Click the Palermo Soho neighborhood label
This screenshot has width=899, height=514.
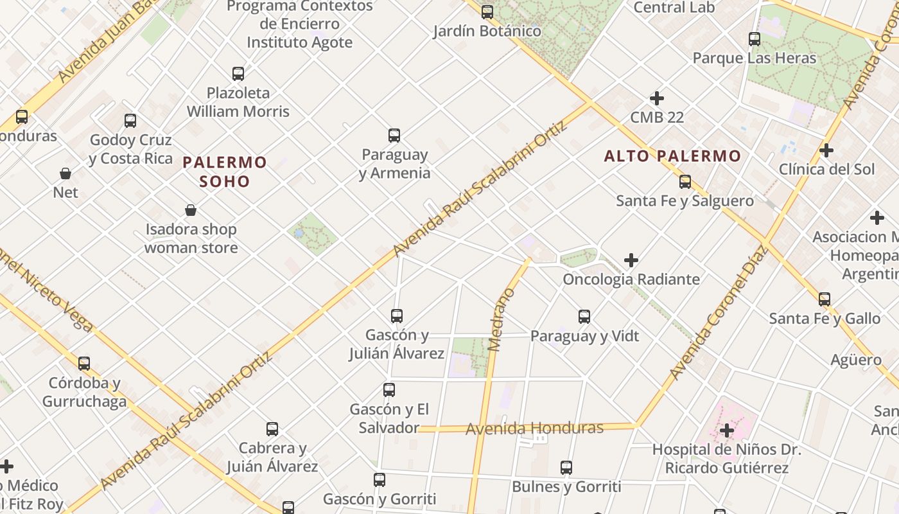[x=224, y=172]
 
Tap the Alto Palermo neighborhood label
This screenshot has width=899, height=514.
[x=672, y=155]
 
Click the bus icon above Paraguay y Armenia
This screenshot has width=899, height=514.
[x=394, y=136]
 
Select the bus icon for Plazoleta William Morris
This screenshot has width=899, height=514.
[x=238, y=74]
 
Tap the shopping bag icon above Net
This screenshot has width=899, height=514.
[x=65, y=173]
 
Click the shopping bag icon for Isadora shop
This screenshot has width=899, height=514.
[x=191, y=210]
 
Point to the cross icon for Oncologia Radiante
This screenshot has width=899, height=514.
[x=631, y=260]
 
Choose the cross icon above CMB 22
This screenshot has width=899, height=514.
[x=656, y=98]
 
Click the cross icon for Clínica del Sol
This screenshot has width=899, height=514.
[x=826, y=150]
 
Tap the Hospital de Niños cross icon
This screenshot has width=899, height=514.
[x=727, y=430]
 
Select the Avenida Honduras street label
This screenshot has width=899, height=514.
[x=534, y=428]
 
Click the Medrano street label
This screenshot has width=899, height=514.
[x=502, y=319]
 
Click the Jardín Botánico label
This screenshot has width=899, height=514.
[x=487, y=31]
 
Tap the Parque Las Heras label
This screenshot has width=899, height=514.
[x=754, y=58]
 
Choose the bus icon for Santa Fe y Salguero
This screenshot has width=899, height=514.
[x=685, y=182]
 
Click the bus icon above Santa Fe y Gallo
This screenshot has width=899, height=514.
[x=824, y=299]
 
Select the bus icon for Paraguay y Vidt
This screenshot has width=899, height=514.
[x=584, y=317]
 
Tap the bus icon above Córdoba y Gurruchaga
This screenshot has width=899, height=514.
[x=84, y=364]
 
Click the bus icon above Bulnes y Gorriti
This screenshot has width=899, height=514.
[x=566, y=468]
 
